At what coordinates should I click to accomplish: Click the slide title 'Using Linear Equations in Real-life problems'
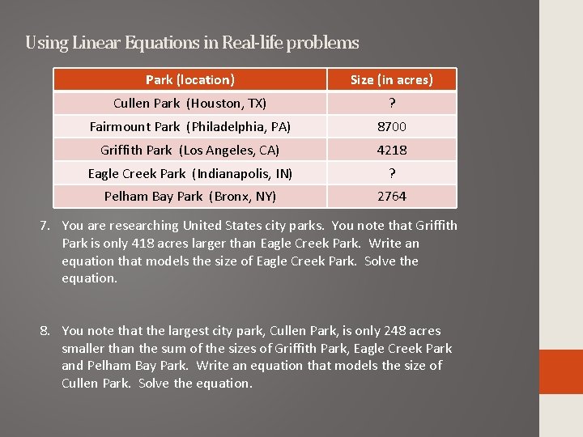point(192,42)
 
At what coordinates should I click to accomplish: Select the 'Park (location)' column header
point(190,79)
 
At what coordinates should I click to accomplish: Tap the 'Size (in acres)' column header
point(391,79)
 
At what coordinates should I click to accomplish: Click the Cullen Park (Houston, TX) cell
point(190,103)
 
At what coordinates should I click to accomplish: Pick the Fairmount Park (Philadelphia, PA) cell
point(190,126)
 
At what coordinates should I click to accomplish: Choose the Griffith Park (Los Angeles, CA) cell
point(190,150)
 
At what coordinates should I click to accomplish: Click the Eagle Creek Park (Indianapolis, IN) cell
point(190,173)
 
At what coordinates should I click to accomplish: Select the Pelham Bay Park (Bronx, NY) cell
point(190,196)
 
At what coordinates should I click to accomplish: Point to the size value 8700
point(391,126)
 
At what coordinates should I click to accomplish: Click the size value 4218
point(391,150)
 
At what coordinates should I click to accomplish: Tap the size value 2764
point(391,196)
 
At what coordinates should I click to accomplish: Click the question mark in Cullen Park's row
point(391,103)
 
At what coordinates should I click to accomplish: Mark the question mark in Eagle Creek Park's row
point(391,173)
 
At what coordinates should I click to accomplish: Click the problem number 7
point(47,226)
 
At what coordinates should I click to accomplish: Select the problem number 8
point(47,331)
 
